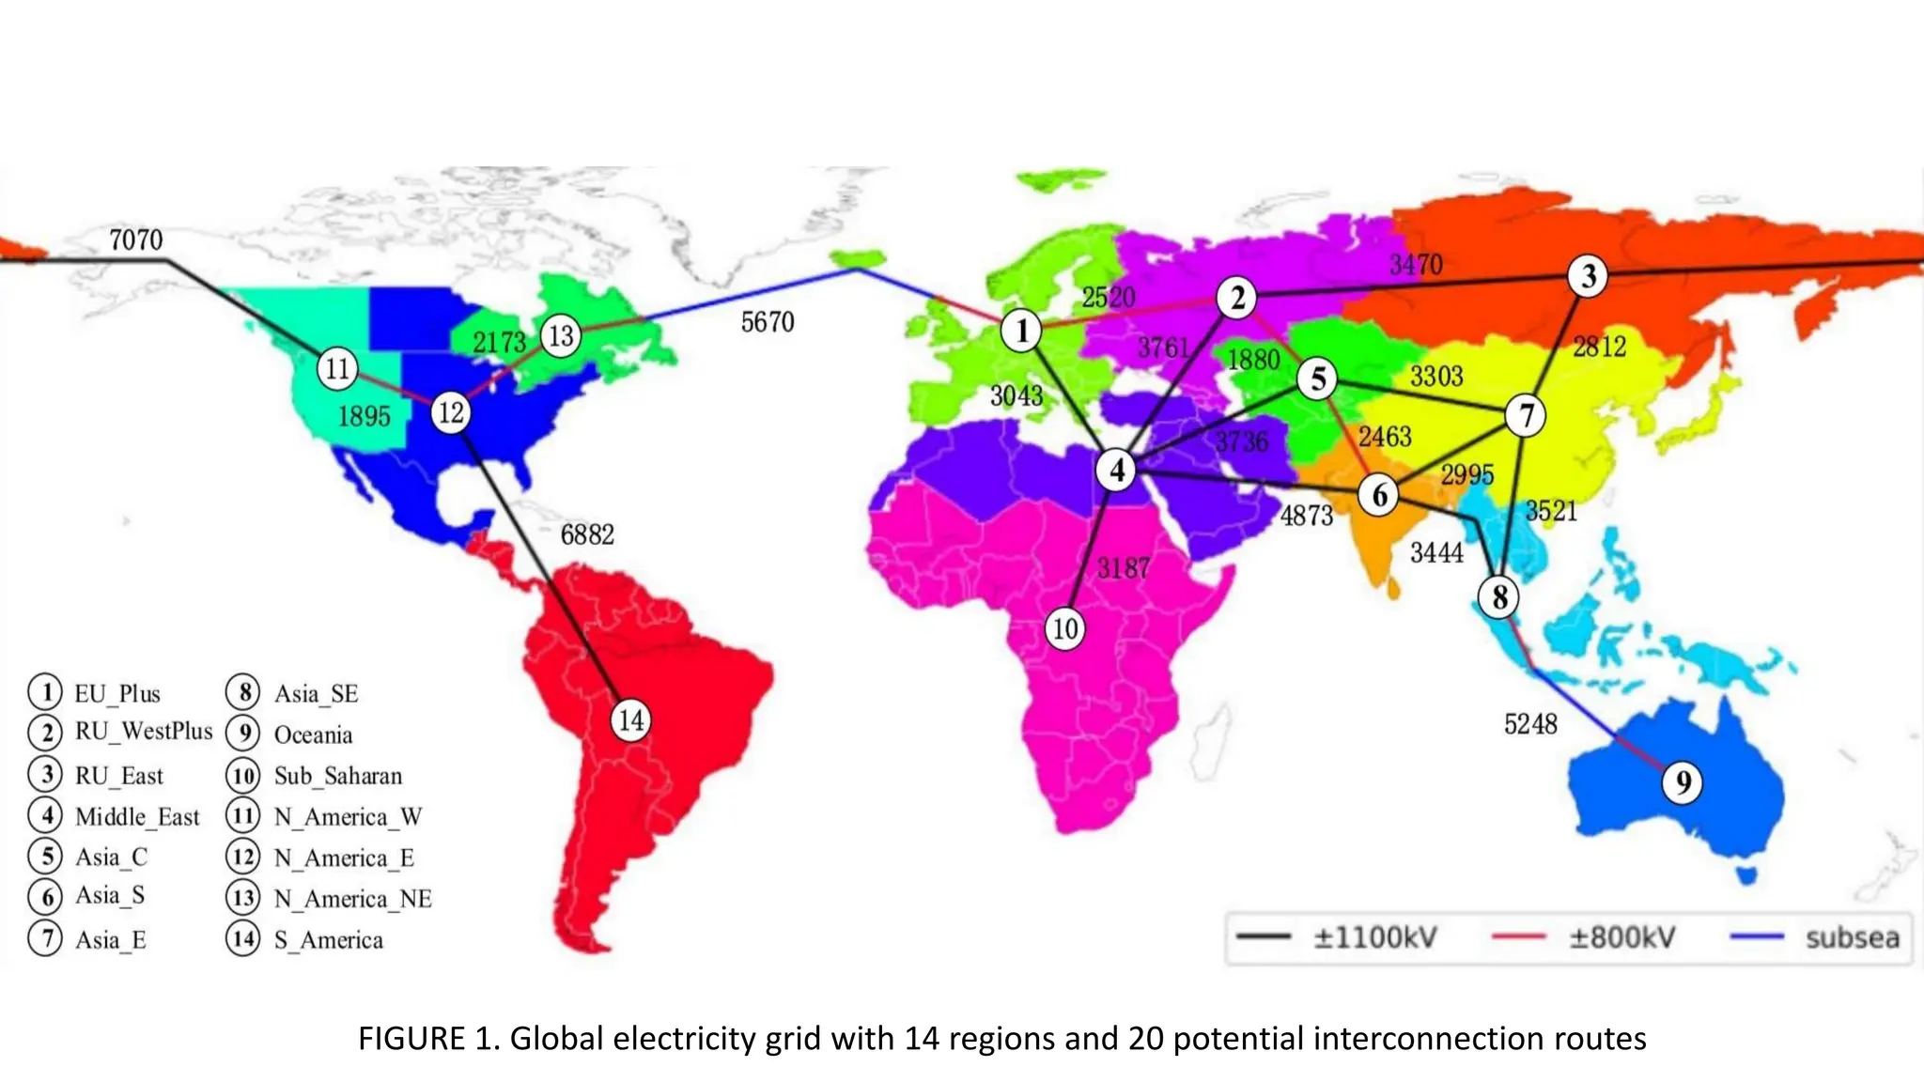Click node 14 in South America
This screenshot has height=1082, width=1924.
630,720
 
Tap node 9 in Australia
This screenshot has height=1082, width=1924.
1683,782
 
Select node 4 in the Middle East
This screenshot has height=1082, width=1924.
1117,470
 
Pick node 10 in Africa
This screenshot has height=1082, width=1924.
1064,628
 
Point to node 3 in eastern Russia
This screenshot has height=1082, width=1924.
1588,276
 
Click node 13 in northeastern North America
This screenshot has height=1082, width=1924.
561,335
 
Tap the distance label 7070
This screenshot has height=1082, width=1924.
136,240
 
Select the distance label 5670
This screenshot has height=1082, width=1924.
768,322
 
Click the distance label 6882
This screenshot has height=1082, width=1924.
587,534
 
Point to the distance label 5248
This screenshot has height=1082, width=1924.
1530,724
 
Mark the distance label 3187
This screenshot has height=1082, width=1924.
1124,568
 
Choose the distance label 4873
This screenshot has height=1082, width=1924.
1307,516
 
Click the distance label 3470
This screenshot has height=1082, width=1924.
1416,265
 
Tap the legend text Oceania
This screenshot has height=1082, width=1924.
313,734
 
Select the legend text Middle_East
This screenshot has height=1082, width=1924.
137,817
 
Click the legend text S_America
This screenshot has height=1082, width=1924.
329,940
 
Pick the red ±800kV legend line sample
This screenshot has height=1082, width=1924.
1518,936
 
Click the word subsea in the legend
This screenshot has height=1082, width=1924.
1852,937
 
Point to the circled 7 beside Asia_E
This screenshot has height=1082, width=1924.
45,938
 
